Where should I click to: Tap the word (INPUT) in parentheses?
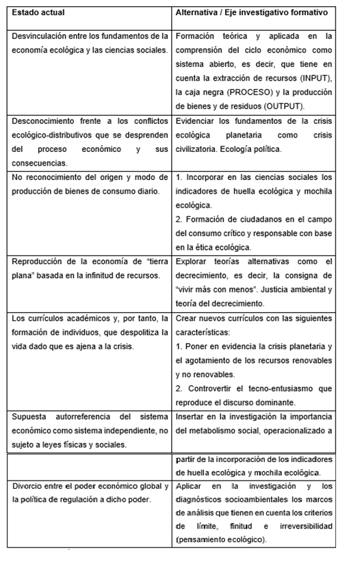pos(316,77)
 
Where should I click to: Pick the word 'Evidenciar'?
pos(199,120)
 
